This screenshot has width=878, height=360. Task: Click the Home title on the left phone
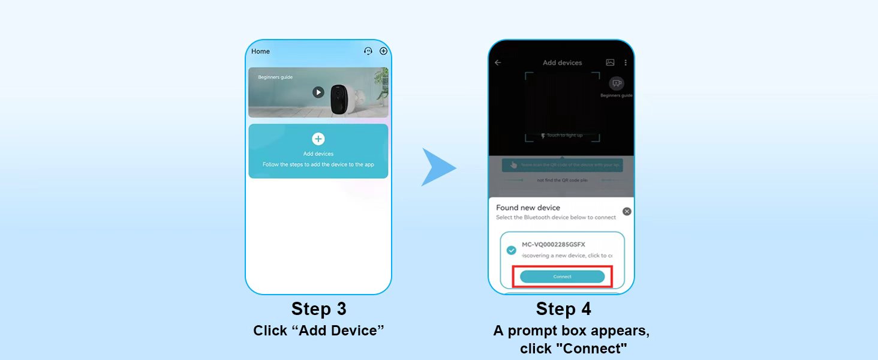260,52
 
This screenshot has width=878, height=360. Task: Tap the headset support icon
368,52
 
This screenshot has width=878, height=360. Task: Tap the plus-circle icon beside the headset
384,52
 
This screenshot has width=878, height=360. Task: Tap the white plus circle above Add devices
318,139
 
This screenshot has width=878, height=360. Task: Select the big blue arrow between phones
438,167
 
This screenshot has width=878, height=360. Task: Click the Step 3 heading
318,309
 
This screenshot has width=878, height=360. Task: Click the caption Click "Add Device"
318,331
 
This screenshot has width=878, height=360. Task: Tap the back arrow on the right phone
498,62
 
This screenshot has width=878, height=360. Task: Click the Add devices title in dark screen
562,62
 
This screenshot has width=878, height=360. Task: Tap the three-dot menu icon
626,62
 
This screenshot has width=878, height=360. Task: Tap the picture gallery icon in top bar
610,62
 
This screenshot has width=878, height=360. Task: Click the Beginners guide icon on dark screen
616,84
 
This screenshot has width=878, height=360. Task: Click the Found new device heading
528,208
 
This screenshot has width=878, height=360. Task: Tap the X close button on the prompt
627,211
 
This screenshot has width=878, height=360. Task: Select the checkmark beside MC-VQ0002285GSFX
512,250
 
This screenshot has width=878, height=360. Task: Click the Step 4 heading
563,309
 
